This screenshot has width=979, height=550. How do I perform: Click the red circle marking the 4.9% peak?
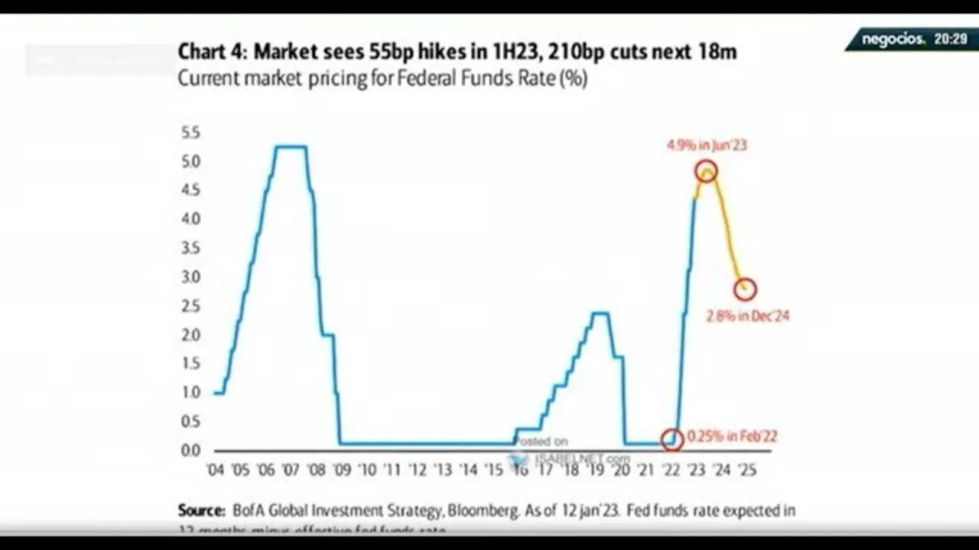tap(706, 171)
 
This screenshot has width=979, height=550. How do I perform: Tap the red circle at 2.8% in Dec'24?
tap(745, 289)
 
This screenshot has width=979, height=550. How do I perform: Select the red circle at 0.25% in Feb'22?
tap(672, 438)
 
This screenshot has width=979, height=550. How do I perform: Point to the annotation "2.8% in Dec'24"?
tap(747, 315)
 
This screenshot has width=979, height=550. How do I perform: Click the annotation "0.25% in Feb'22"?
tap(732, 437)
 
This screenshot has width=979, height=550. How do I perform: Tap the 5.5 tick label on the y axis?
tap(190, 133)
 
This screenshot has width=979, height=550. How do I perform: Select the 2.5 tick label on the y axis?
tap(190, 306)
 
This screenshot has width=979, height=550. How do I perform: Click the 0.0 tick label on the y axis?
tap(190, 450)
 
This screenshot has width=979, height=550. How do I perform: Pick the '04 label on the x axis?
tap(216, 470)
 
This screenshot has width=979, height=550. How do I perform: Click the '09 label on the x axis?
tap(342, 470)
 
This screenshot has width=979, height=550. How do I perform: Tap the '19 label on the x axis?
tap(595, 470)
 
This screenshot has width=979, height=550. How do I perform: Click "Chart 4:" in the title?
tap(212, 52)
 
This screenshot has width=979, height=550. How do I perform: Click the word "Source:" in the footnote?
tap(201, 510)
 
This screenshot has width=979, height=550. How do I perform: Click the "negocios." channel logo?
tap(893, 38)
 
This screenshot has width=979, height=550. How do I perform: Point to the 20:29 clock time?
tap(950, 38)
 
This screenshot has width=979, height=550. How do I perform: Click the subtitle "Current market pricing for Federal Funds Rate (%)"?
tap(382, 78)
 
